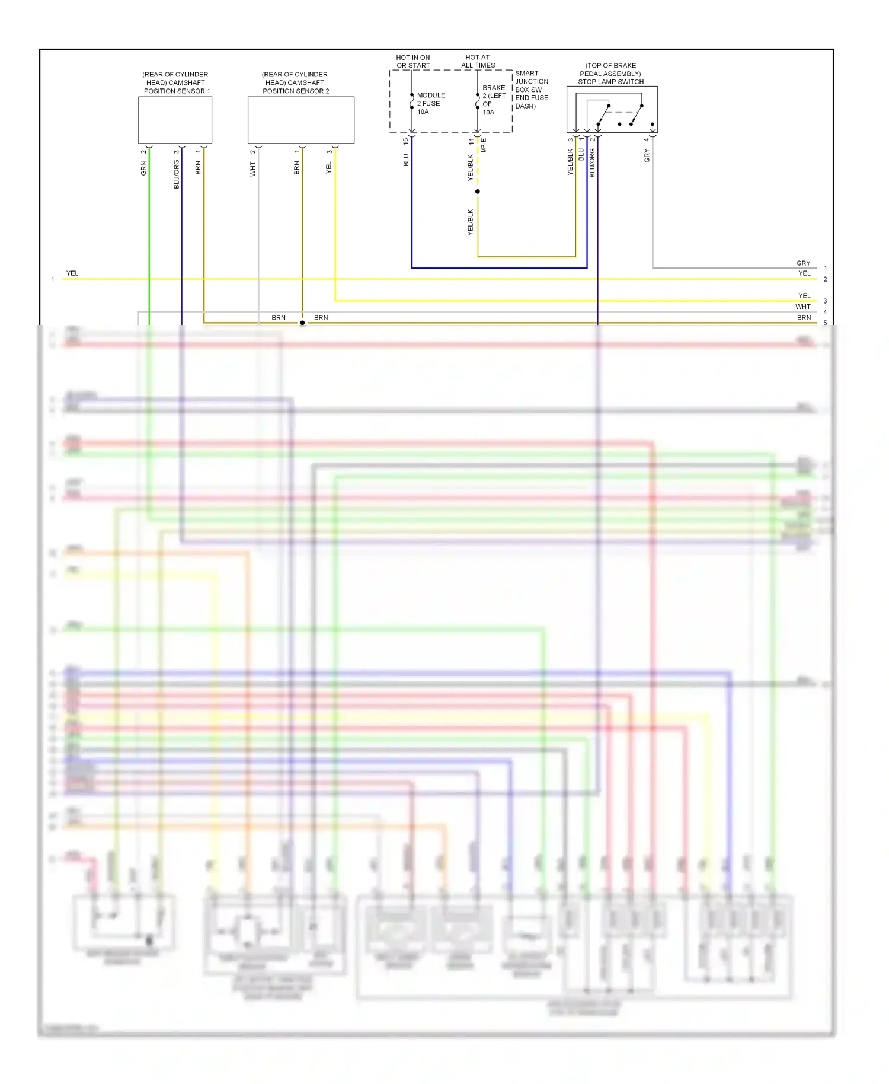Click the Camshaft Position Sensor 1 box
click(175, 120)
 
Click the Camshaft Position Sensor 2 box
click(300, 120)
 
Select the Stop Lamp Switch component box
click(612, 110)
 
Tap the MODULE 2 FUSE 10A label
click(430, 103)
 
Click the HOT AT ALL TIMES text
click(478, 61)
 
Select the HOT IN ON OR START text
click(413, 61)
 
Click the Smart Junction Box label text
click(531, 90)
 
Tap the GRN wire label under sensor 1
click(143, 169)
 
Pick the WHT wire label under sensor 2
click(253, 170)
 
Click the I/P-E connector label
click(484, 145)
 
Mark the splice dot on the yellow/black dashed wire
click(478, 192)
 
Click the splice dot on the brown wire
click(302, 323)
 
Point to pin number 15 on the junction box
click(406, 141)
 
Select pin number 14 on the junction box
click(471, 141)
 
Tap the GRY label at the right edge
click(803, 263)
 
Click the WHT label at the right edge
click(802, 307)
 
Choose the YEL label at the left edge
click(72, 273)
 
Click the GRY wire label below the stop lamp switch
click(647, 156)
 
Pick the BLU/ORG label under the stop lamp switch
click(592, 163)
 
